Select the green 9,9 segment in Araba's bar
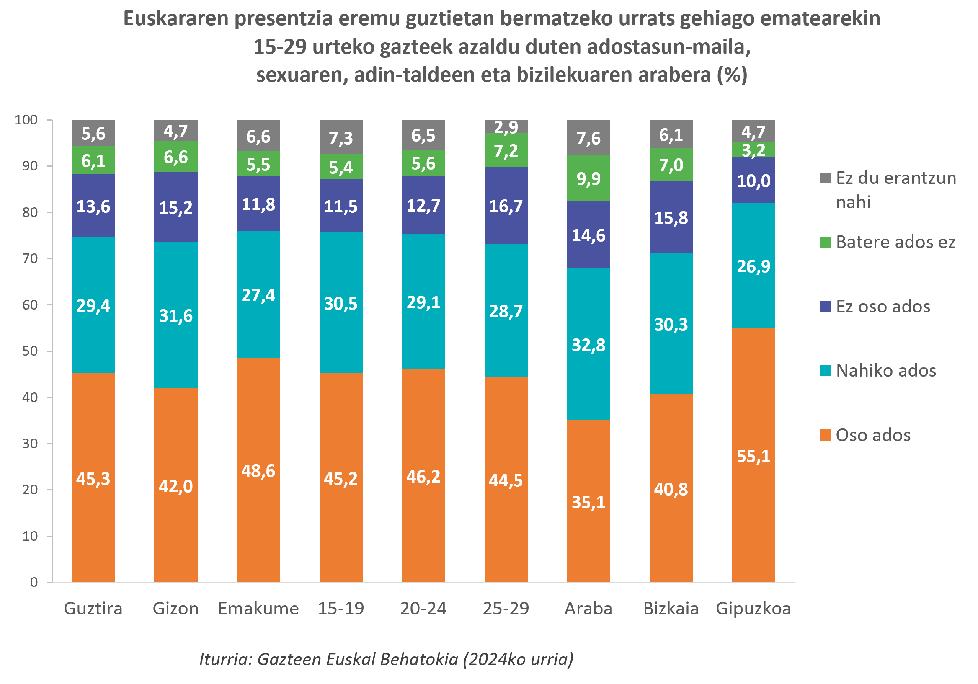[x=588, y=178]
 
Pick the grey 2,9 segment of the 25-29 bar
[x=506, y=127]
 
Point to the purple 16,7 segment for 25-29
[x=506, y=206]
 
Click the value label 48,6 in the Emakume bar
[x=258, y=471]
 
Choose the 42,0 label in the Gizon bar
[x=175, y=486]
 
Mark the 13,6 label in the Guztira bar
[x=93, y=206]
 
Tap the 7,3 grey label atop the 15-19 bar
[x=341, y=137]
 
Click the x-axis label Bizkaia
[x=671, y=609]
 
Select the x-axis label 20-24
[x=423, y=609]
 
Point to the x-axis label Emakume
[x=258, y=609]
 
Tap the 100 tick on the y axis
[x=26, y=120]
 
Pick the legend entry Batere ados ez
[x=895, y=242]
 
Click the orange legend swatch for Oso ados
[x=826, y=435]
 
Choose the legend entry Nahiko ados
[x=886, y=371]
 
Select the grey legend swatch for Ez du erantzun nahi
[x=826, y=178]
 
